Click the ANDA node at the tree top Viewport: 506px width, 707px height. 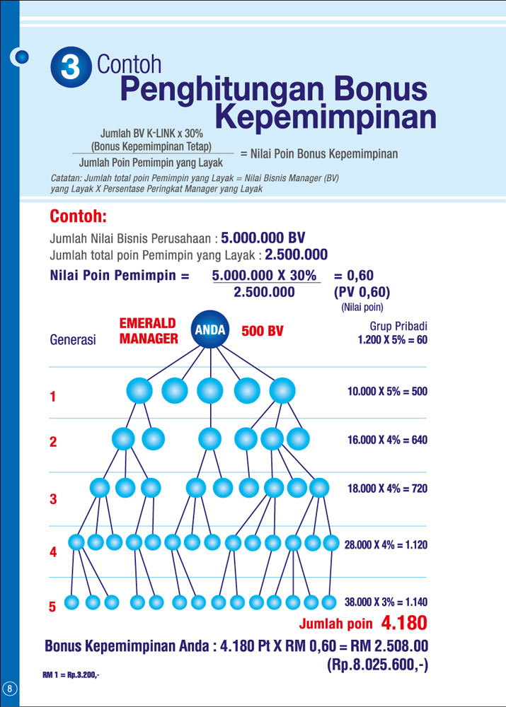(x=210, y=329)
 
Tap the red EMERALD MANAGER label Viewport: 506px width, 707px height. (x=148, y=331)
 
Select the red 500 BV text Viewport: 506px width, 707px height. (x=263, y=331)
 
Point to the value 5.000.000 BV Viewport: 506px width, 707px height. (x=263, y=238)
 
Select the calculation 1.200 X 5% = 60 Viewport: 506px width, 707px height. (x=392, y=340)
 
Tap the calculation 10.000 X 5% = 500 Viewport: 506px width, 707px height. (x=387, y=391)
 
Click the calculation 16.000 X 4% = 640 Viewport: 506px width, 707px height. (x=387, y=440)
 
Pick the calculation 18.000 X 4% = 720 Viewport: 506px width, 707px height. (x=387, y=489)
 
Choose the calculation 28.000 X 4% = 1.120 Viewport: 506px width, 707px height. (x=386, y=545)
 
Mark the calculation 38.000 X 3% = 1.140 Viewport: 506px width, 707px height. (x=386, y=602)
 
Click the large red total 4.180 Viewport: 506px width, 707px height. (x=404, y=624)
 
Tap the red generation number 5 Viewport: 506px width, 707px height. (x=52, y=607)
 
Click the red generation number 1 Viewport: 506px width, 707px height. (x=52, y=397)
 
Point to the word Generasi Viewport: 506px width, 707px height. (x=72, y=339)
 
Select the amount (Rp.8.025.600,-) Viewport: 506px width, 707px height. (x=376, y=665)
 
